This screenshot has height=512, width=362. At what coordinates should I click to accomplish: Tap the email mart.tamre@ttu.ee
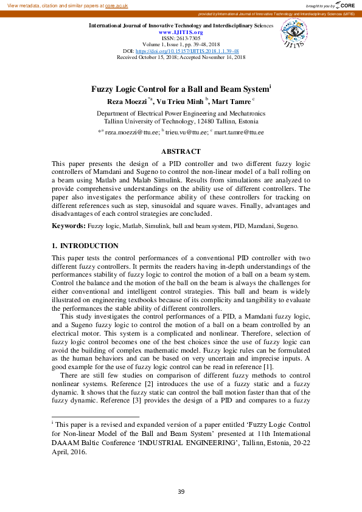pyautogui.click(x=239, y=132)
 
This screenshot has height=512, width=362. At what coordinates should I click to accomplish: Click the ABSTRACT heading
pyautogui.click(x=181, y=151)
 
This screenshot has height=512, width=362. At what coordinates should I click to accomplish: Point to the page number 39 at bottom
pyautogui.click(x=181, y=491)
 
